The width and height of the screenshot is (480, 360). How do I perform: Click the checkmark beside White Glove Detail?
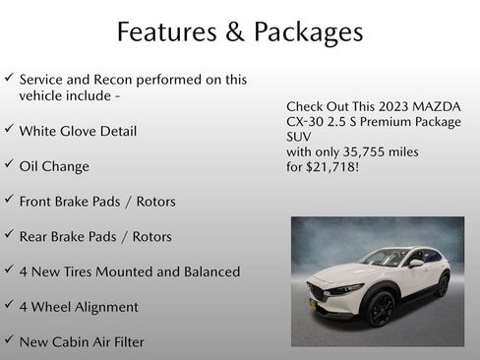click(9, 130)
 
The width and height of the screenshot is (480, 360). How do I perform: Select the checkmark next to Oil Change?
click(9, 165)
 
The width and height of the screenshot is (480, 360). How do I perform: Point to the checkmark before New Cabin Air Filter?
click(9, 340)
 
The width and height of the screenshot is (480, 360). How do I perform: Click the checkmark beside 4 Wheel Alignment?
click(9, 305)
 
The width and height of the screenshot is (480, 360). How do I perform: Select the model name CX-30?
click(306, 121)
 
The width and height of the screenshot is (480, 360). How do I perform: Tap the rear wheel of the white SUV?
click(442, 285)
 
